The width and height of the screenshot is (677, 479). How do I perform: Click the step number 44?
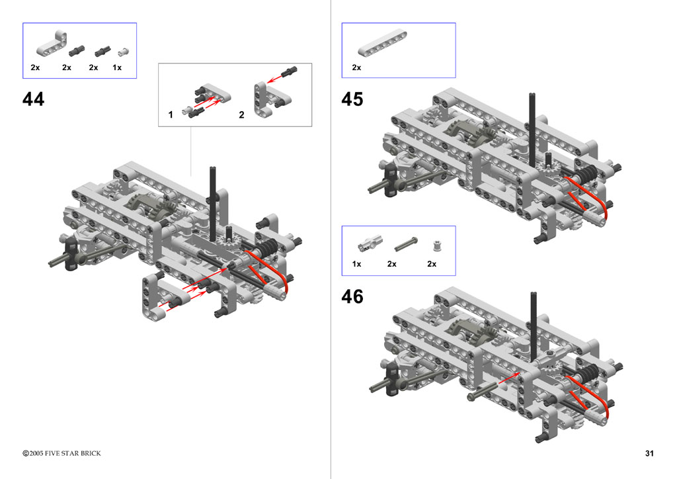(33, 99)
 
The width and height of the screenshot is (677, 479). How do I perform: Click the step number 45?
(352, 99)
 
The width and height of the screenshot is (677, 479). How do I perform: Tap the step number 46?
(352, 296)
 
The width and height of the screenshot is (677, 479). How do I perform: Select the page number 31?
(649, 453)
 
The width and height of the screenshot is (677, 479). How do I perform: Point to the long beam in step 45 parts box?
(382, 43)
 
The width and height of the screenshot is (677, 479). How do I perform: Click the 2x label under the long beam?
(356, 67)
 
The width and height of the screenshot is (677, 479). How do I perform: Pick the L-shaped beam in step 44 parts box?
(52, 44)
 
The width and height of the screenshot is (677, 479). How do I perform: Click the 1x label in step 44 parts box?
(117, 67)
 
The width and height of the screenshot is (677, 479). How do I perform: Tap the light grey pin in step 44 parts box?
(124, 52)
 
